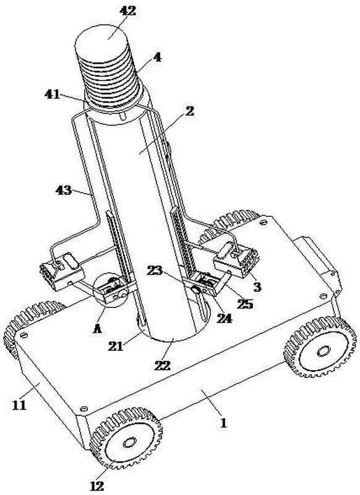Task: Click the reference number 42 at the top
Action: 127,11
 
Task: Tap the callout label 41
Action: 53,94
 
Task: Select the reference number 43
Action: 64,190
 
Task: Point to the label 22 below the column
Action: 163,365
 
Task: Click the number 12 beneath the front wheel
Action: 97,486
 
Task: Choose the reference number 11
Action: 19,405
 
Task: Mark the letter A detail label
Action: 98,329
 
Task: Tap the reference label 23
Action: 155,270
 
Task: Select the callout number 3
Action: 257,286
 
